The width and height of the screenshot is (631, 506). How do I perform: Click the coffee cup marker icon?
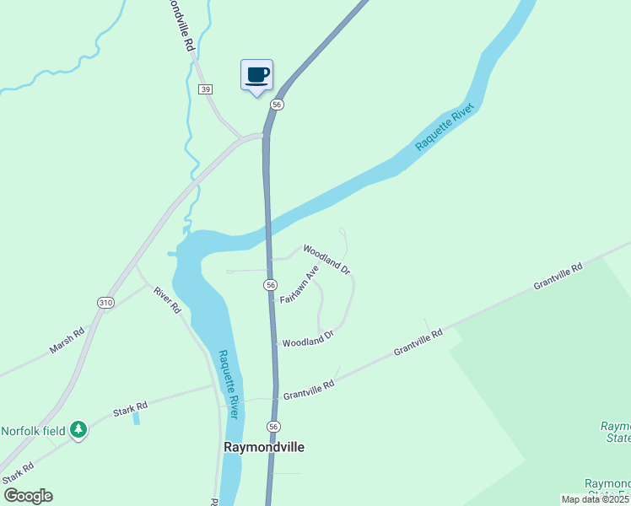coord(257,75)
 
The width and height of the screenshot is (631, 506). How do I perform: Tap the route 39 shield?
coord(206,89)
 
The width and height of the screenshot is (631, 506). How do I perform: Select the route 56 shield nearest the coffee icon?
coord(277,104)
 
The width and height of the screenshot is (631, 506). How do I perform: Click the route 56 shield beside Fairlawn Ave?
coord(270,285)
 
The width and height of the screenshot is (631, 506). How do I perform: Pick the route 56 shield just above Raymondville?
coord(273,427)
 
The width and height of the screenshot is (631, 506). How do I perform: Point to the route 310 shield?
coord(105,303)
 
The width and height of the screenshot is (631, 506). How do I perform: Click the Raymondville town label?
coord(263,447)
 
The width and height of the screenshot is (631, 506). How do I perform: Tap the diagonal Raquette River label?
coord(445,127)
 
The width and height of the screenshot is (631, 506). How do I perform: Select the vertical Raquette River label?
coord(229,384)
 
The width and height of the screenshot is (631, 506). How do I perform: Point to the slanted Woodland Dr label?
coord(326,259)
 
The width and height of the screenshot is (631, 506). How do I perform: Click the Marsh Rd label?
coord(67,340)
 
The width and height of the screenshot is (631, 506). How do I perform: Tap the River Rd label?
coord(167,300)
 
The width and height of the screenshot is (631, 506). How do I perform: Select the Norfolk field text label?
coord(33,430)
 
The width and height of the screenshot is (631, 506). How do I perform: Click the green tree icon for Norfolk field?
coord(78,430)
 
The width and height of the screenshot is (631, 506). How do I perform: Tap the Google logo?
coord(28,496)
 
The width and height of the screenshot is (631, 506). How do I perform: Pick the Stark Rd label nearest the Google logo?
coord(19,476)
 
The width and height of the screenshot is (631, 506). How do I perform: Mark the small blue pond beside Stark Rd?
coord(137,417)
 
